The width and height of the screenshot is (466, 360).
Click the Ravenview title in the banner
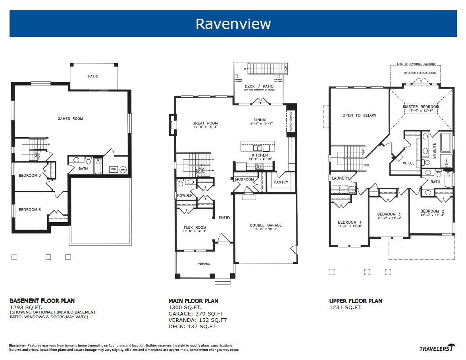(x=233, y=24)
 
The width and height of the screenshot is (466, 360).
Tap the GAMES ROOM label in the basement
(x=70, y=119)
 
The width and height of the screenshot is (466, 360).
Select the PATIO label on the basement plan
(x=93, y=76)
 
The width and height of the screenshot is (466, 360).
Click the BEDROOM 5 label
(x=30, y=176)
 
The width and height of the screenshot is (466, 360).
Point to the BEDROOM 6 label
(x=30, y=210)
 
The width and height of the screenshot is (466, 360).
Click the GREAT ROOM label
(x=205, y=124)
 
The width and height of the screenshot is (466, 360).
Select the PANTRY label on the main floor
(x=281, y=182)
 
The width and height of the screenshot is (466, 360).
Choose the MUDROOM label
(x=245, y=180)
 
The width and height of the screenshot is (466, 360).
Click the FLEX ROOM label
(x=194, y=228)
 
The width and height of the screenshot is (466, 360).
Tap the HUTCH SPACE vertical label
(x=291, y=122)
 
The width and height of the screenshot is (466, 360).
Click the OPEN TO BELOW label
(x=359, y=116)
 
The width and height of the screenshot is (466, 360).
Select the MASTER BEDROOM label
(x=421, y=107)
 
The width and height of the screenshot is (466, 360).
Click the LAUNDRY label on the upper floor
(x=340, y=178)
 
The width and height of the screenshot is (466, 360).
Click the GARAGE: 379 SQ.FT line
(x=197, y=314)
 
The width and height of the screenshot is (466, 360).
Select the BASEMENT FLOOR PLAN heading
(x=42, y=301)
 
